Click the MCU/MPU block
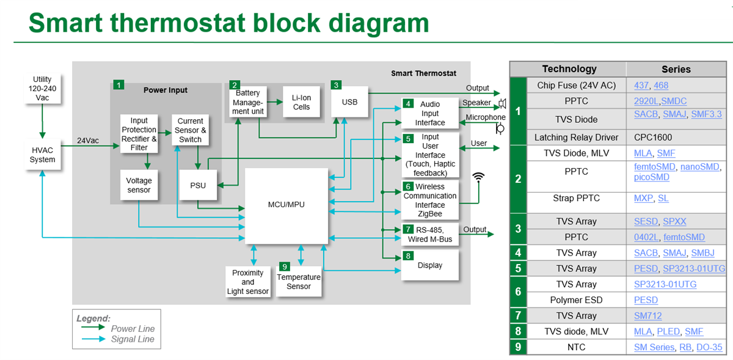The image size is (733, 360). tap(286, 205)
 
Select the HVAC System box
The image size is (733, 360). tap(42, 155)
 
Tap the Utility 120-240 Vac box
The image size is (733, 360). tap(43, 89)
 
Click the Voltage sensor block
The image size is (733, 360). tap(139, 185)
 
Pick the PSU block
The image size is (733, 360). tap(198, 186)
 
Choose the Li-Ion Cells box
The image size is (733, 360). tap(301, 102)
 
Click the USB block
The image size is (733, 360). tap(349, 102)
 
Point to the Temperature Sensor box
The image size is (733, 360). tap(299, 281)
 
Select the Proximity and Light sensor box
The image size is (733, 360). tap(247, 282)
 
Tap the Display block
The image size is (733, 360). tap(430, 266)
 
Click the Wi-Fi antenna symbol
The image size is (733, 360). tap(479, 177)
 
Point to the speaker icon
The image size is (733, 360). tap(502, 103)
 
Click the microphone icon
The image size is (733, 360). tap(500, 128)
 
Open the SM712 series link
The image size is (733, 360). tap(647, 316)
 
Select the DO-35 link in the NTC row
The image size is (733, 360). tap(709, 347)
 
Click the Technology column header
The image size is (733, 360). tap(569, 69)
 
